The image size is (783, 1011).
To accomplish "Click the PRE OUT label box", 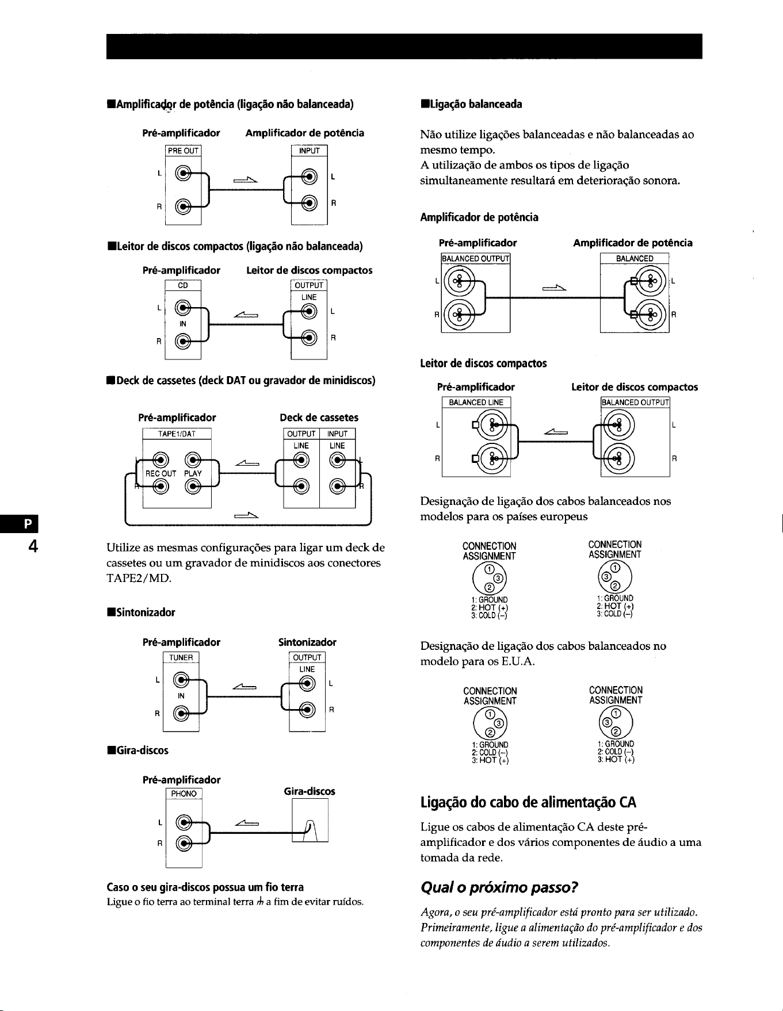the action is click(183, 151).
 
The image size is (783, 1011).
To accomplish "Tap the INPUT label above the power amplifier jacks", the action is click(309, 151).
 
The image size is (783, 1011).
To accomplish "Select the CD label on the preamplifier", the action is click(183, 285).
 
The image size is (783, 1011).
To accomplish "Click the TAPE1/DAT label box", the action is click(177, 434).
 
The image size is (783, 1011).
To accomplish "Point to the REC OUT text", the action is click(161, 474).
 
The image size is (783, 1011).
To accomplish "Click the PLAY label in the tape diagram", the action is click(193, 474).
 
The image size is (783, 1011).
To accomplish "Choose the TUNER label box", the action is click(181, 658).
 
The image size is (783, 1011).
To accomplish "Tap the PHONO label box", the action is click(184, 794).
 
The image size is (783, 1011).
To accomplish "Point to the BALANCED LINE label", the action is click(476, 403).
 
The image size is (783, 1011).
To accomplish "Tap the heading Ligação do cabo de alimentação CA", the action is click(529, 802).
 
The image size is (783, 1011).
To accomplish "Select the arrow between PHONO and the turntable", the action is click(246, 825).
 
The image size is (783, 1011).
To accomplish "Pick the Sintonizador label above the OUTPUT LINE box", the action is click(307, 642).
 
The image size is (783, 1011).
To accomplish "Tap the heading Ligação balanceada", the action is click(472, 104).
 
